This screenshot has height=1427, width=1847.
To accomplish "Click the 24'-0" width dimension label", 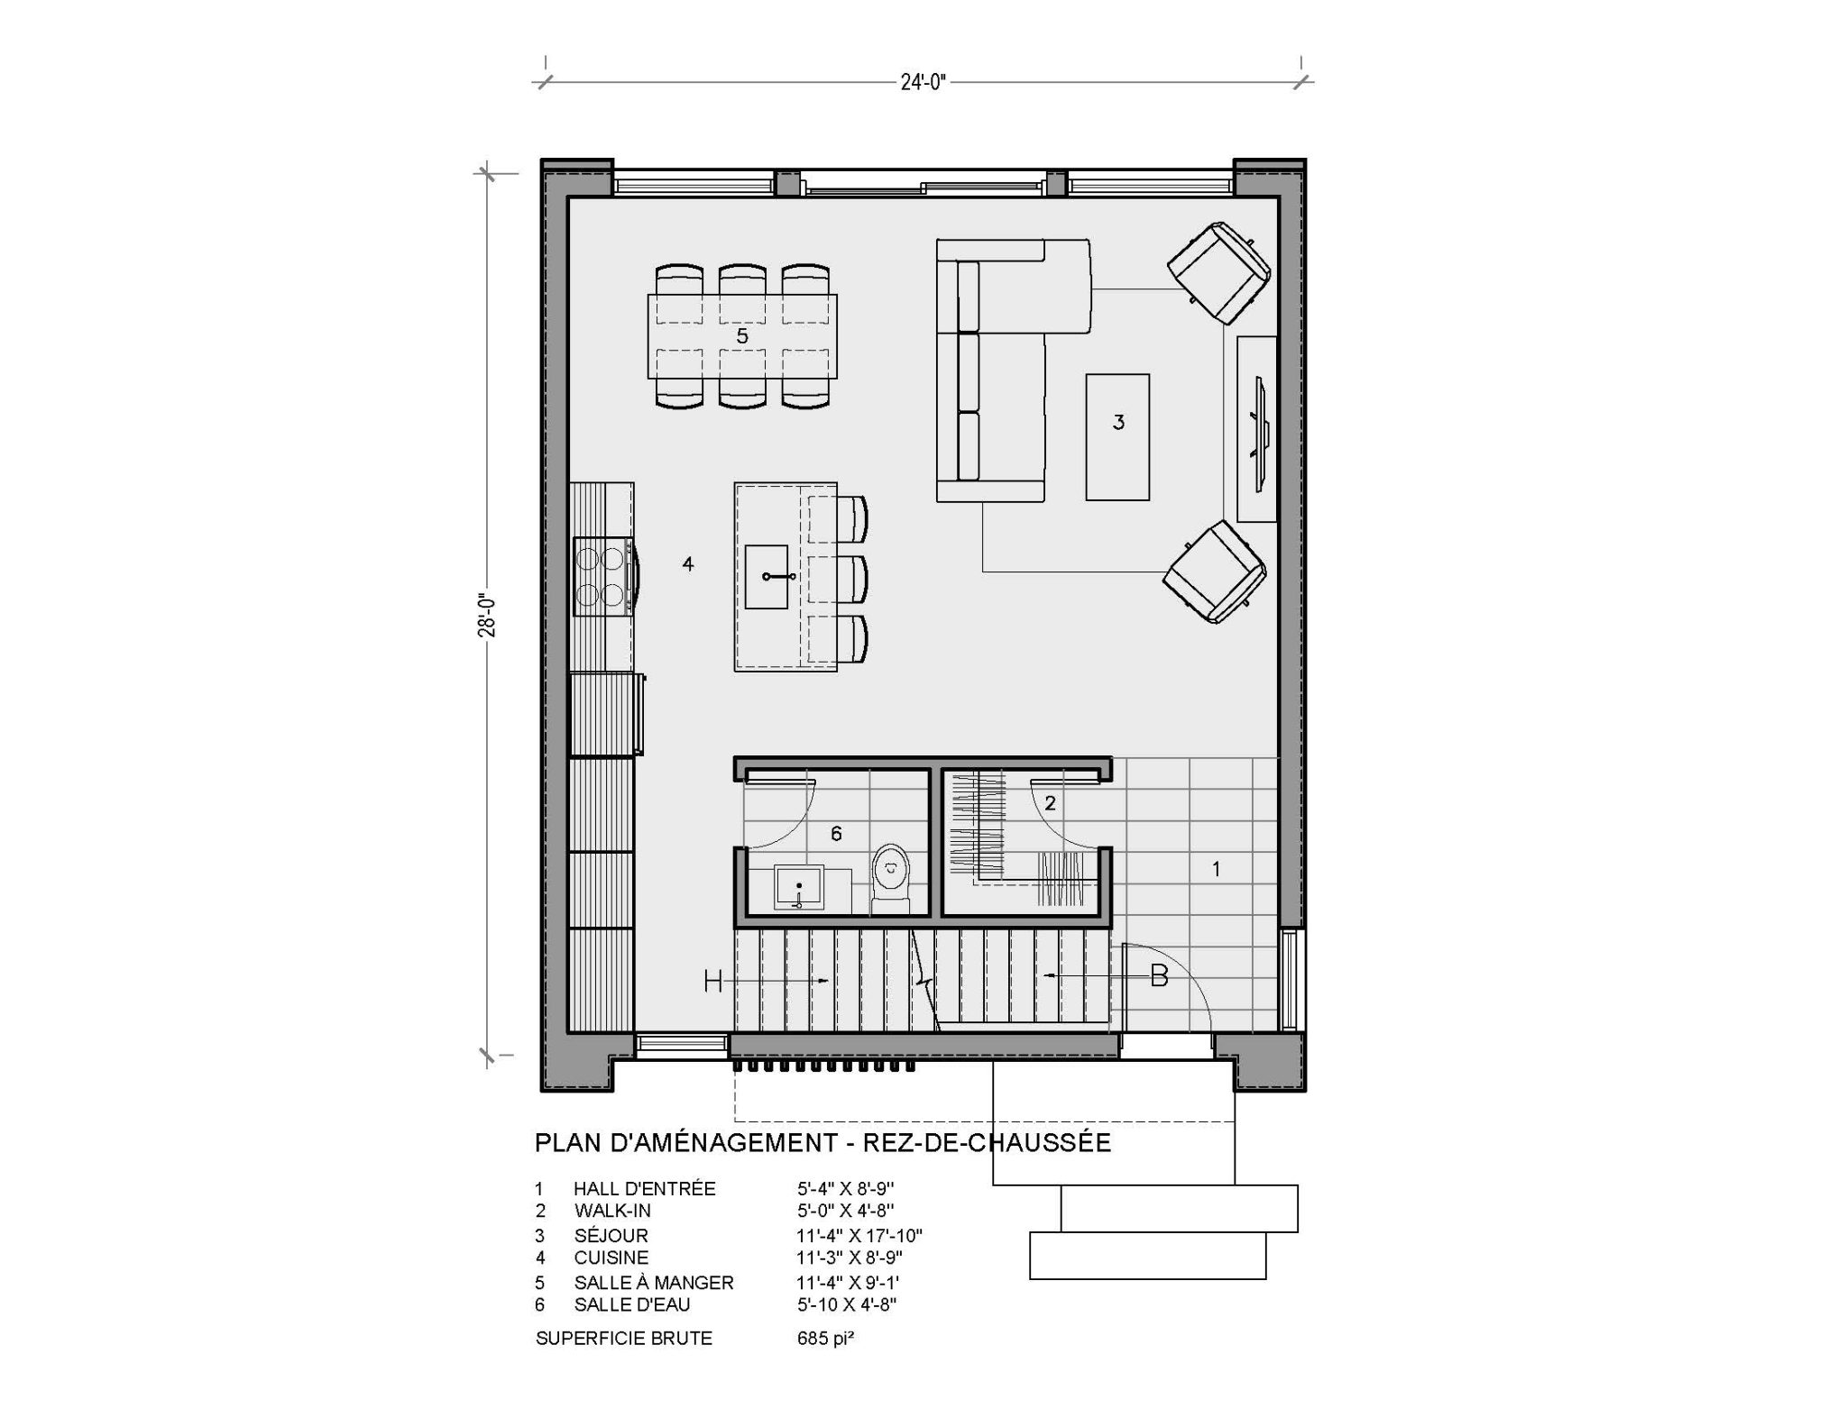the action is pos(923,83).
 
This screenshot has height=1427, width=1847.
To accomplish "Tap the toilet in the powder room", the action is pos(891,877).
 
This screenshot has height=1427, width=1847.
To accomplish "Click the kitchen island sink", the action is pos(767,576).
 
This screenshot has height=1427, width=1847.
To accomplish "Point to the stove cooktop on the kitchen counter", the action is pos(602,577).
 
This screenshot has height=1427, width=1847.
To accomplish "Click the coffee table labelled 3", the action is pos(1117,436).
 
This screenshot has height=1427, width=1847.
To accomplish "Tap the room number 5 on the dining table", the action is pos(742,336).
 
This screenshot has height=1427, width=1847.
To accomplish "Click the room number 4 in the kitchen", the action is pos(688,564).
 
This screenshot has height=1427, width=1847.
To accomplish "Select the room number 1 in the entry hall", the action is pos(1216,869).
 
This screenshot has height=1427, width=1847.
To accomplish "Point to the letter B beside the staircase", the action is pos(1159,975).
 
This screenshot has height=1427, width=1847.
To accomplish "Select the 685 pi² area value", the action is pos(825,1338).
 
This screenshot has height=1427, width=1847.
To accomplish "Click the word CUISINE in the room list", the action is pos(611,1258).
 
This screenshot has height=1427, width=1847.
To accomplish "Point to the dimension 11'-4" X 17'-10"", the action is pos(859,1235).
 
